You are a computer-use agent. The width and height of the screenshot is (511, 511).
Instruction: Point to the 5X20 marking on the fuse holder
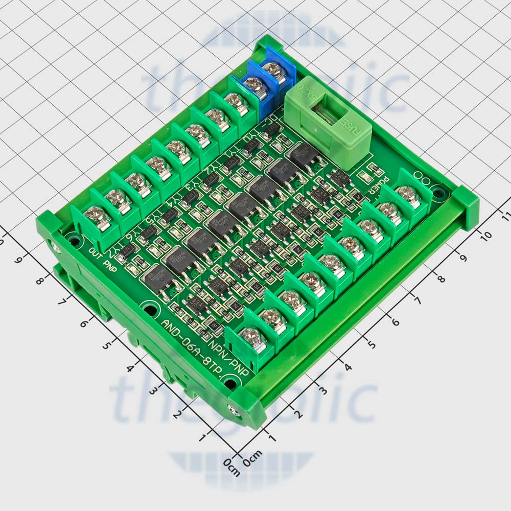315,97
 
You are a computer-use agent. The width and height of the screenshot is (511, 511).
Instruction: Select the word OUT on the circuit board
97,253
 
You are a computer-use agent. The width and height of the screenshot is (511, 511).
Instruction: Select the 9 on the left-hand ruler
19,260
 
